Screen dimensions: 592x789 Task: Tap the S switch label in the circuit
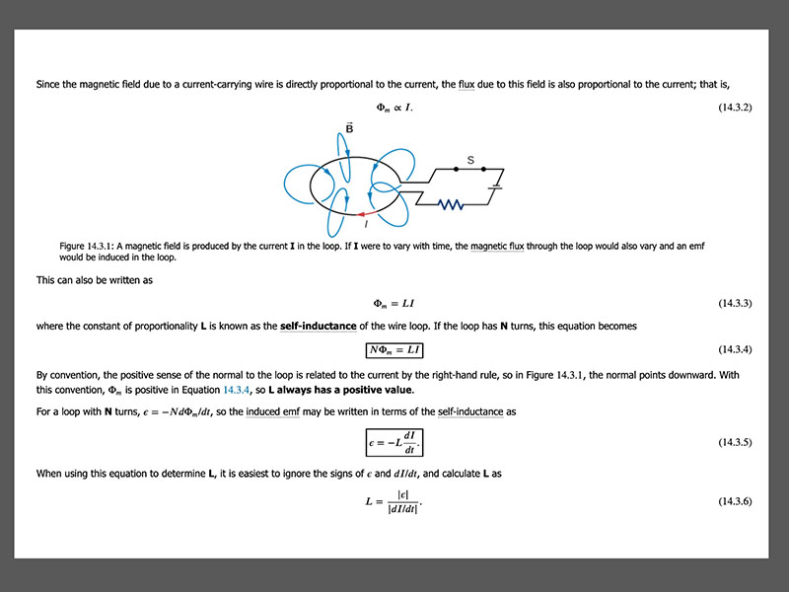[x=470, y=159]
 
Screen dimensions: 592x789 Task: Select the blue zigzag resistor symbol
[x=452, y=204]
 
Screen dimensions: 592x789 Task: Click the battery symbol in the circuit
[x=496, y=185]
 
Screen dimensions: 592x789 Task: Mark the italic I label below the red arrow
[x=366, y=223]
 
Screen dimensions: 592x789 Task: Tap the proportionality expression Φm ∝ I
[x=394, y=107]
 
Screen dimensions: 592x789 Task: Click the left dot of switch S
[x=457, y=170]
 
